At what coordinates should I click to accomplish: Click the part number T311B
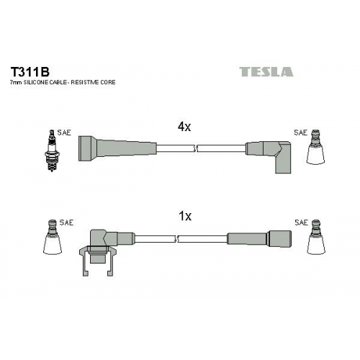(x=30, y=71)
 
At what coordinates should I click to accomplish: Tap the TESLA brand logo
(x=266, y=72)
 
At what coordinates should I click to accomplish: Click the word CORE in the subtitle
(x=107, y=82)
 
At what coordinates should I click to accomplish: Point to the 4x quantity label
(x=184, y=127)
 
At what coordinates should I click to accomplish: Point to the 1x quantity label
(x=185, y=216)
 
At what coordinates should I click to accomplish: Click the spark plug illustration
(x=52, y=150)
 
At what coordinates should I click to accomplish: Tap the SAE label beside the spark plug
(x=64, y=132)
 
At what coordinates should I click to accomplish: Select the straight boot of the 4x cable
(x=117, y=148)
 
